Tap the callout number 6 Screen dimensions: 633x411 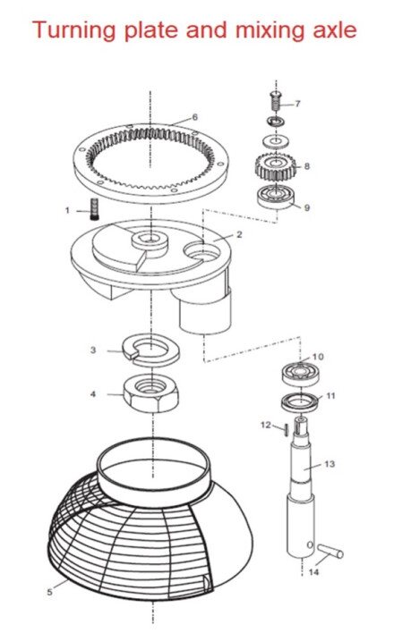tap(194, 117)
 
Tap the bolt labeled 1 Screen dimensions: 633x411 tap(90, 212)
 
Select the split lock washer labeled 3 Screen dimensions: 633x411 tap(148, 350)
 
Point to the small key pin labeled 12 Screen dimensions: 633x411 tap(285, 428)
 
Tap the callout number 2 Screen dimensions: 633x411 tap(239, 234)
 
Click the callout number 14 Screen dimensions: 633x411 tap(313, 573)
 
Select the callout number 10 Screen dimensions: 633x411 tap(318, 357)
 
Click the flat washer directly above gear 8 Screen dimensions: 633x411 tap(276, 141)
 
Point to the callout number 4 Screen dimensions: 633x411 tap(95, 392)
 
